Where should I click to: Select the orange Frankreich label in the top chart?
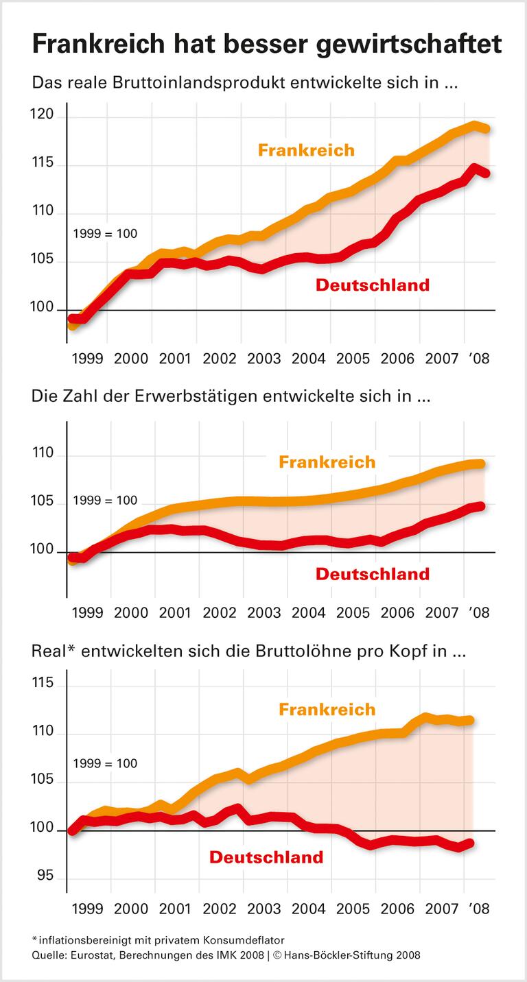pos(306,149)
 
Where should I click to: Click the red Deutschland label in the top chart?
pos(373,285)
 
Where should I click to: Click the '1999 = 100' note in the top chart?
pos(105,234)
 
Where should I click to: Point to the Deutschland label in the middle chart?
pos(373,574)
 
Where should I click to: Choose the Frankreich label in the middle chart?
pos(327,462)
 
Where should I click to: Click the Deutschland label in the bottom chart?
pos(266,857)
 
